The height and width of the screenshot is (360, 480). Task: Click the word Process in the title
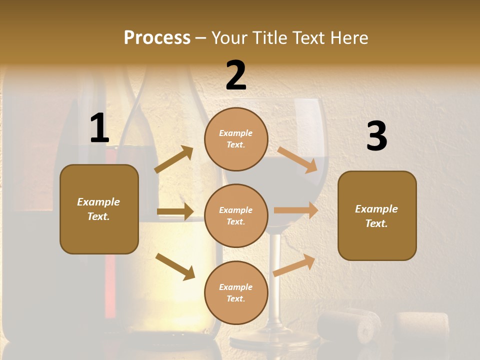coord(157,37)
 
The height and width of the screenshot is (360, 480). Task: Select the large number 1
coord(99,128)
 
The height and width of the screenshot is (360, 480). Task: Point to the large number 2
coord(236,75)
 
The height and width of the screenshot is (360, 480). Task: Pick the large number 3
coord(376,136)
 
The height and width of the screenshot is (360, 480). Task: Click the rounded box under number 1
coord(99,209)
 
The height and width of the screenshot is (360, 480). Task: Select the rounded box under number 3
coord(377,215)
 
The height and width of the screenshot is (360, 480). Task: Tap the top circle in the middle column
coord(236,139)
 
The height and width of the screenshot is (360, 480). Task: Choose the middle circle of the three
coord(236,215)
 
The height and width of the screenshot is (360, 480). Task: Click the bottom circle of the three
coord(236,292)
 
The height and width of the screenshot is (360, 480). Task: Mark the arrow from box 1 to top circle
coord(173,159)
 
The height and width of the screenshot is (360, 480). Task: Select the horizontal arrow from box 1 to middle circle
coord(175,211)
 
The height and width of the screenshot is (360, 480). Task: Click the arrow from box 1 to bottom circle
coord(175,266)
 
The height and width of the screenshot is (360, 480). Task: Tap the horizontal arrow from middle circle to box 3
coord(296,210)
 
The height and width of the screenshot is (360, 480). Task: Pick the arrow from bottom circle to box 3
coord(294,265)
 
